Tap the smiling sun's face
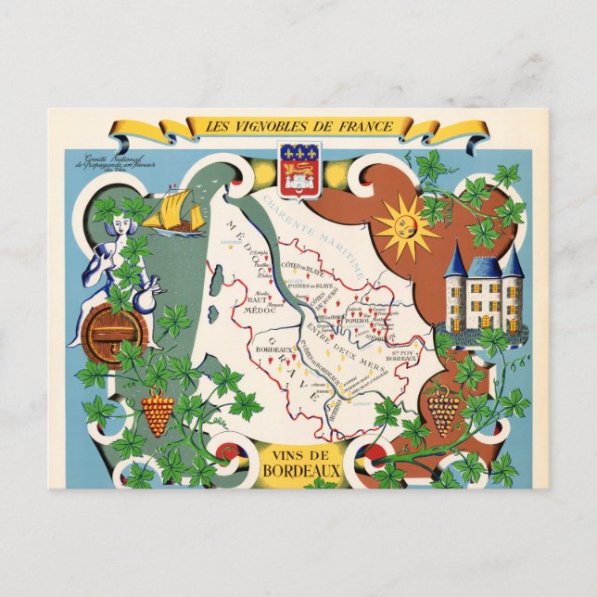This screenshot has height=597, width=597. click(404, 226)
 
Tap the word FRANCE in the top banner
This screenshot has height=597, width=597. click(358, 127)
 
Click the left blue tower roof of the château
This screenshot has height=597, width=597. click(456, 261)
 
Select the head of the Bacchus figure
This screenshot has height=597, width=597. click(117, 229)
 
